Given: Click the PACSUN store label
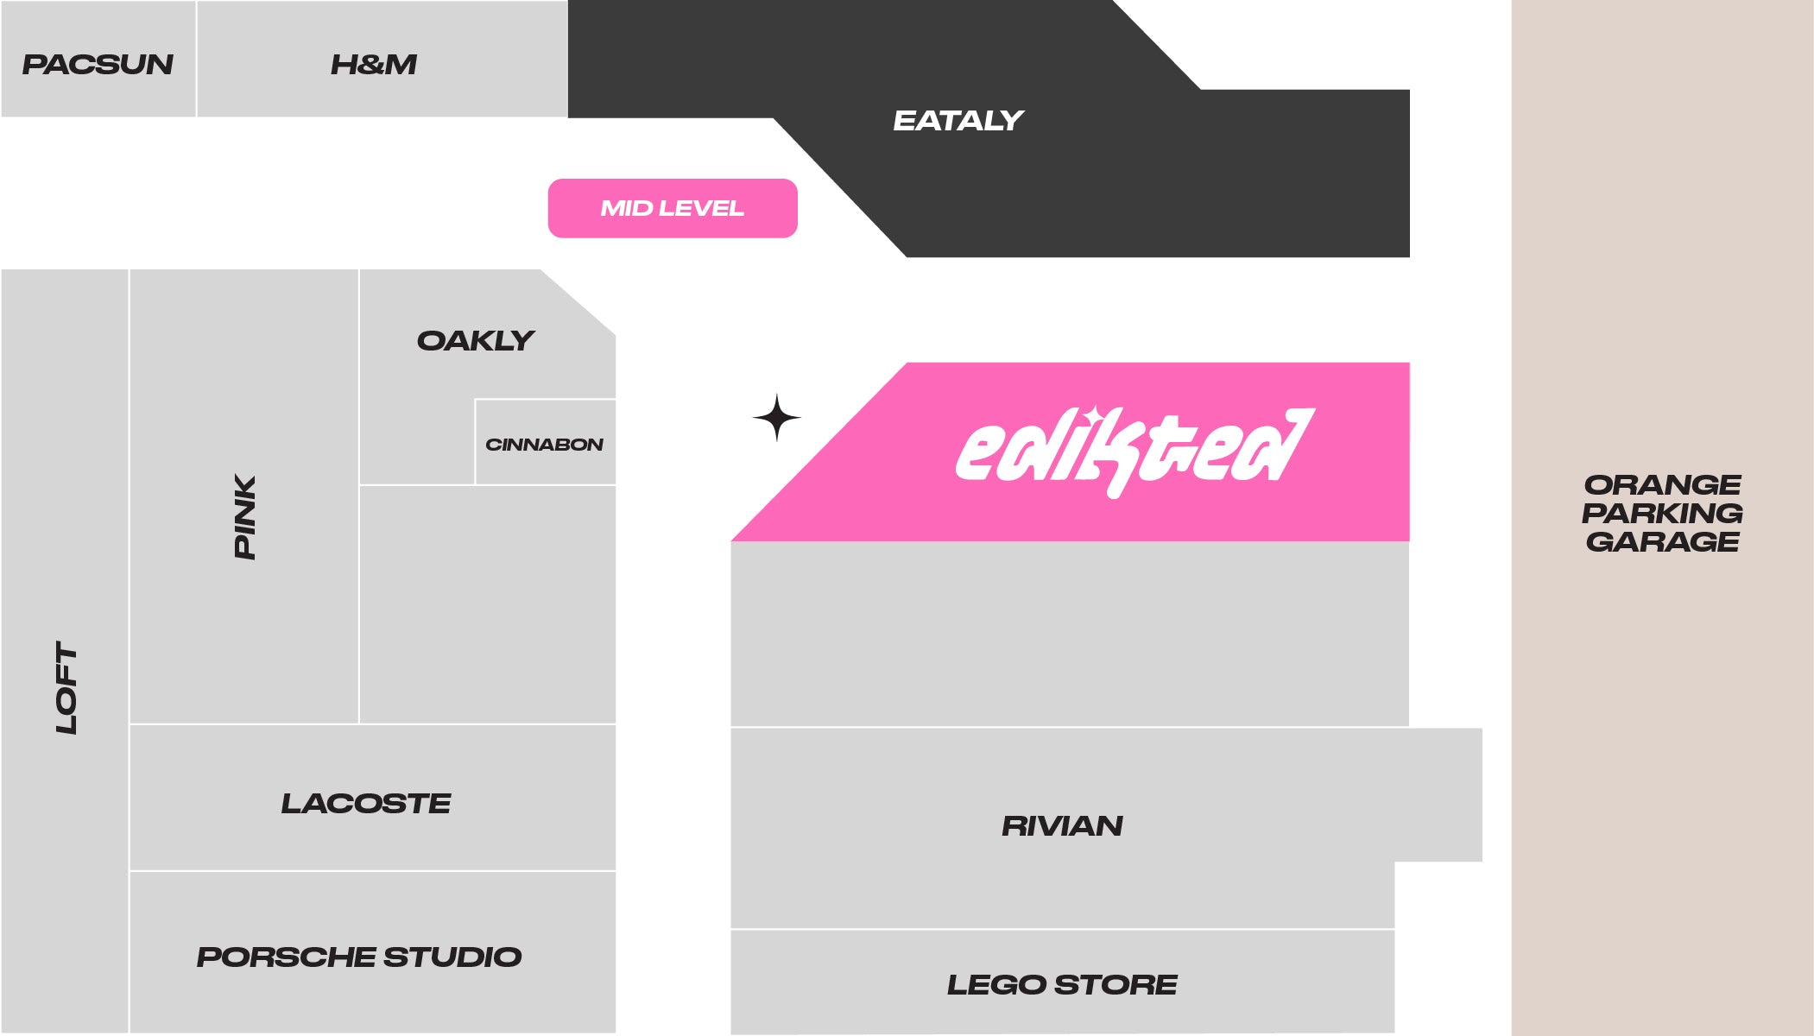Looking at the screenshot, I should pyautogui.click(x=98, y=65).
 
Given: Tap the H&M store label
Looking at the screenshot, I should pyautogui.click(x=374, y=65).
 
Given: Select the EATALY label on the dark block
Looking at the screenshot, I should pyautogui.click(x=958, y=121).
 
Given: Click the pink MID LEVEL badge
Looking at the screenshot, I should pyautogui.click(x=673, y=208).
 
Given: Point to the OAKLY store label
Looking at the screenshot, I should pyautogui.click(x=476, y=341).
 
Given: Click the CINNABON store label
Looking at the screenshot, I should pyautogui.click(x=544, y=445).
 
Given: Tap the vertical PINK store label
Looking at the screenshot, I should pyautogui.click(x=245, y=516).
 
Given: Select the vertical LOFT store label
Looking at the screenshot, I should pyautogui.click(x=66, y=687).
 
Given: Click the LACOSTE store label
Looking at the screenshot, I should pyautogui.click(x=366, y=804).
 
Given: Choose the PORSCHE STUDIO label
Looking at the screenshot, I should pyautogui.click(x=359, y=957).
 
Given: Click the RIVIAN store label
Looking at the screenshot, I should pyautogui.click(x=1062, y=826).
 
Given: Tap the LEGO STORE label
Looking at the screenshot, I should pyautogui.click(x=1062, y=985).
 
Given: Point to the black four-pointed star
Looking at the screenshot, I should pyautogui.click(x=776, y=418).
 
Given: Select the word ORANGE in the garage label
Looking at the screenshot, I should pyautogui.click(x=1662, y=484).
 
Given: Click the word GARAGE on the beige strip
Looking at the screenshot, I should pyautogui.click(x=1662, y=542).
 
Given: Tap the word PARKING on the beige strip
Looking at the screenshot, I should pyautogui.click(x=1662, y=513).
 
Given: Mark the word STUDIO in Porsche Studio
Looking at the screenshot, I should pyautogui.click(x=452, y=957).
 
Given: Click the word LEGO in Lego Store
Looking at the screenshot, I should pyautogui.click(x=996, y=985).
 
